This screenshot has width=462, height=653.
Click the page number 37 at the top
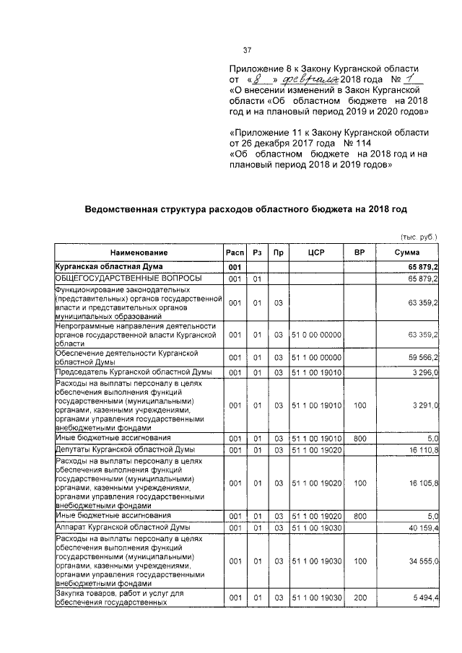[x=247, y=50]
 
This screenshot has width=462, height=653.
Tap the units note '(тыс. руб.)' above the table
[x=419, y=237]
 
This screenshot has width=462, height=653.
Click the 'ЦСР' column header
[x=314, y=253]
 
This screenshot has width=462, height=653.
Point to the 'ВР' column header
[x=359, y=253]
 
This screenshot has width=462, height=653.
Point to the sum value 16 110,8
[x=423, y=450]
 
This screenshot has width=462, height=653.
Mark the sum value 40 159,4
[x=423, y=527]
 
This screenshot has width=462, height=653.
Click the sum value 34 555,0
[x=423, y=560]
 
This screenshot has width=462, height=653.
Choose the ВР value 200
[x=359, y=599]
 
